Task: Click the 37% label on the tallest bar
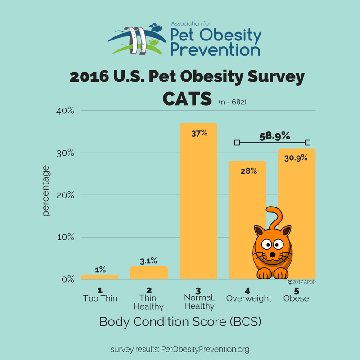click(198, 133)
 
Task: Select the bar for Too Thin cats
click(100, 277)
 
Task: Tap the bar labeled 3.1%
click(149, 273)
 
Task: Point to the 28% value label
click(247, 171)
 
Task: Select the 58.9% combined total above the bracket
click(273, 135)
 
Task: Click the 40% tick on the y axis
click(65, 111)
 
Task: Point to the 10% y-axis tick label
click(65, 237)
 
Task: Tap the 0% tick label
click(67, 279)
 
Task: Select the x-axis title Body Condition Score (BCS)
click(180, 322)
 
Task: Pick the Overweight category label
click(249, 298)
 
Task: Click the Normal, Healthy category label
click(199, 302)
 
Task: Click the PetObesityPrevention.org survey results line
click(180, 349)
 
